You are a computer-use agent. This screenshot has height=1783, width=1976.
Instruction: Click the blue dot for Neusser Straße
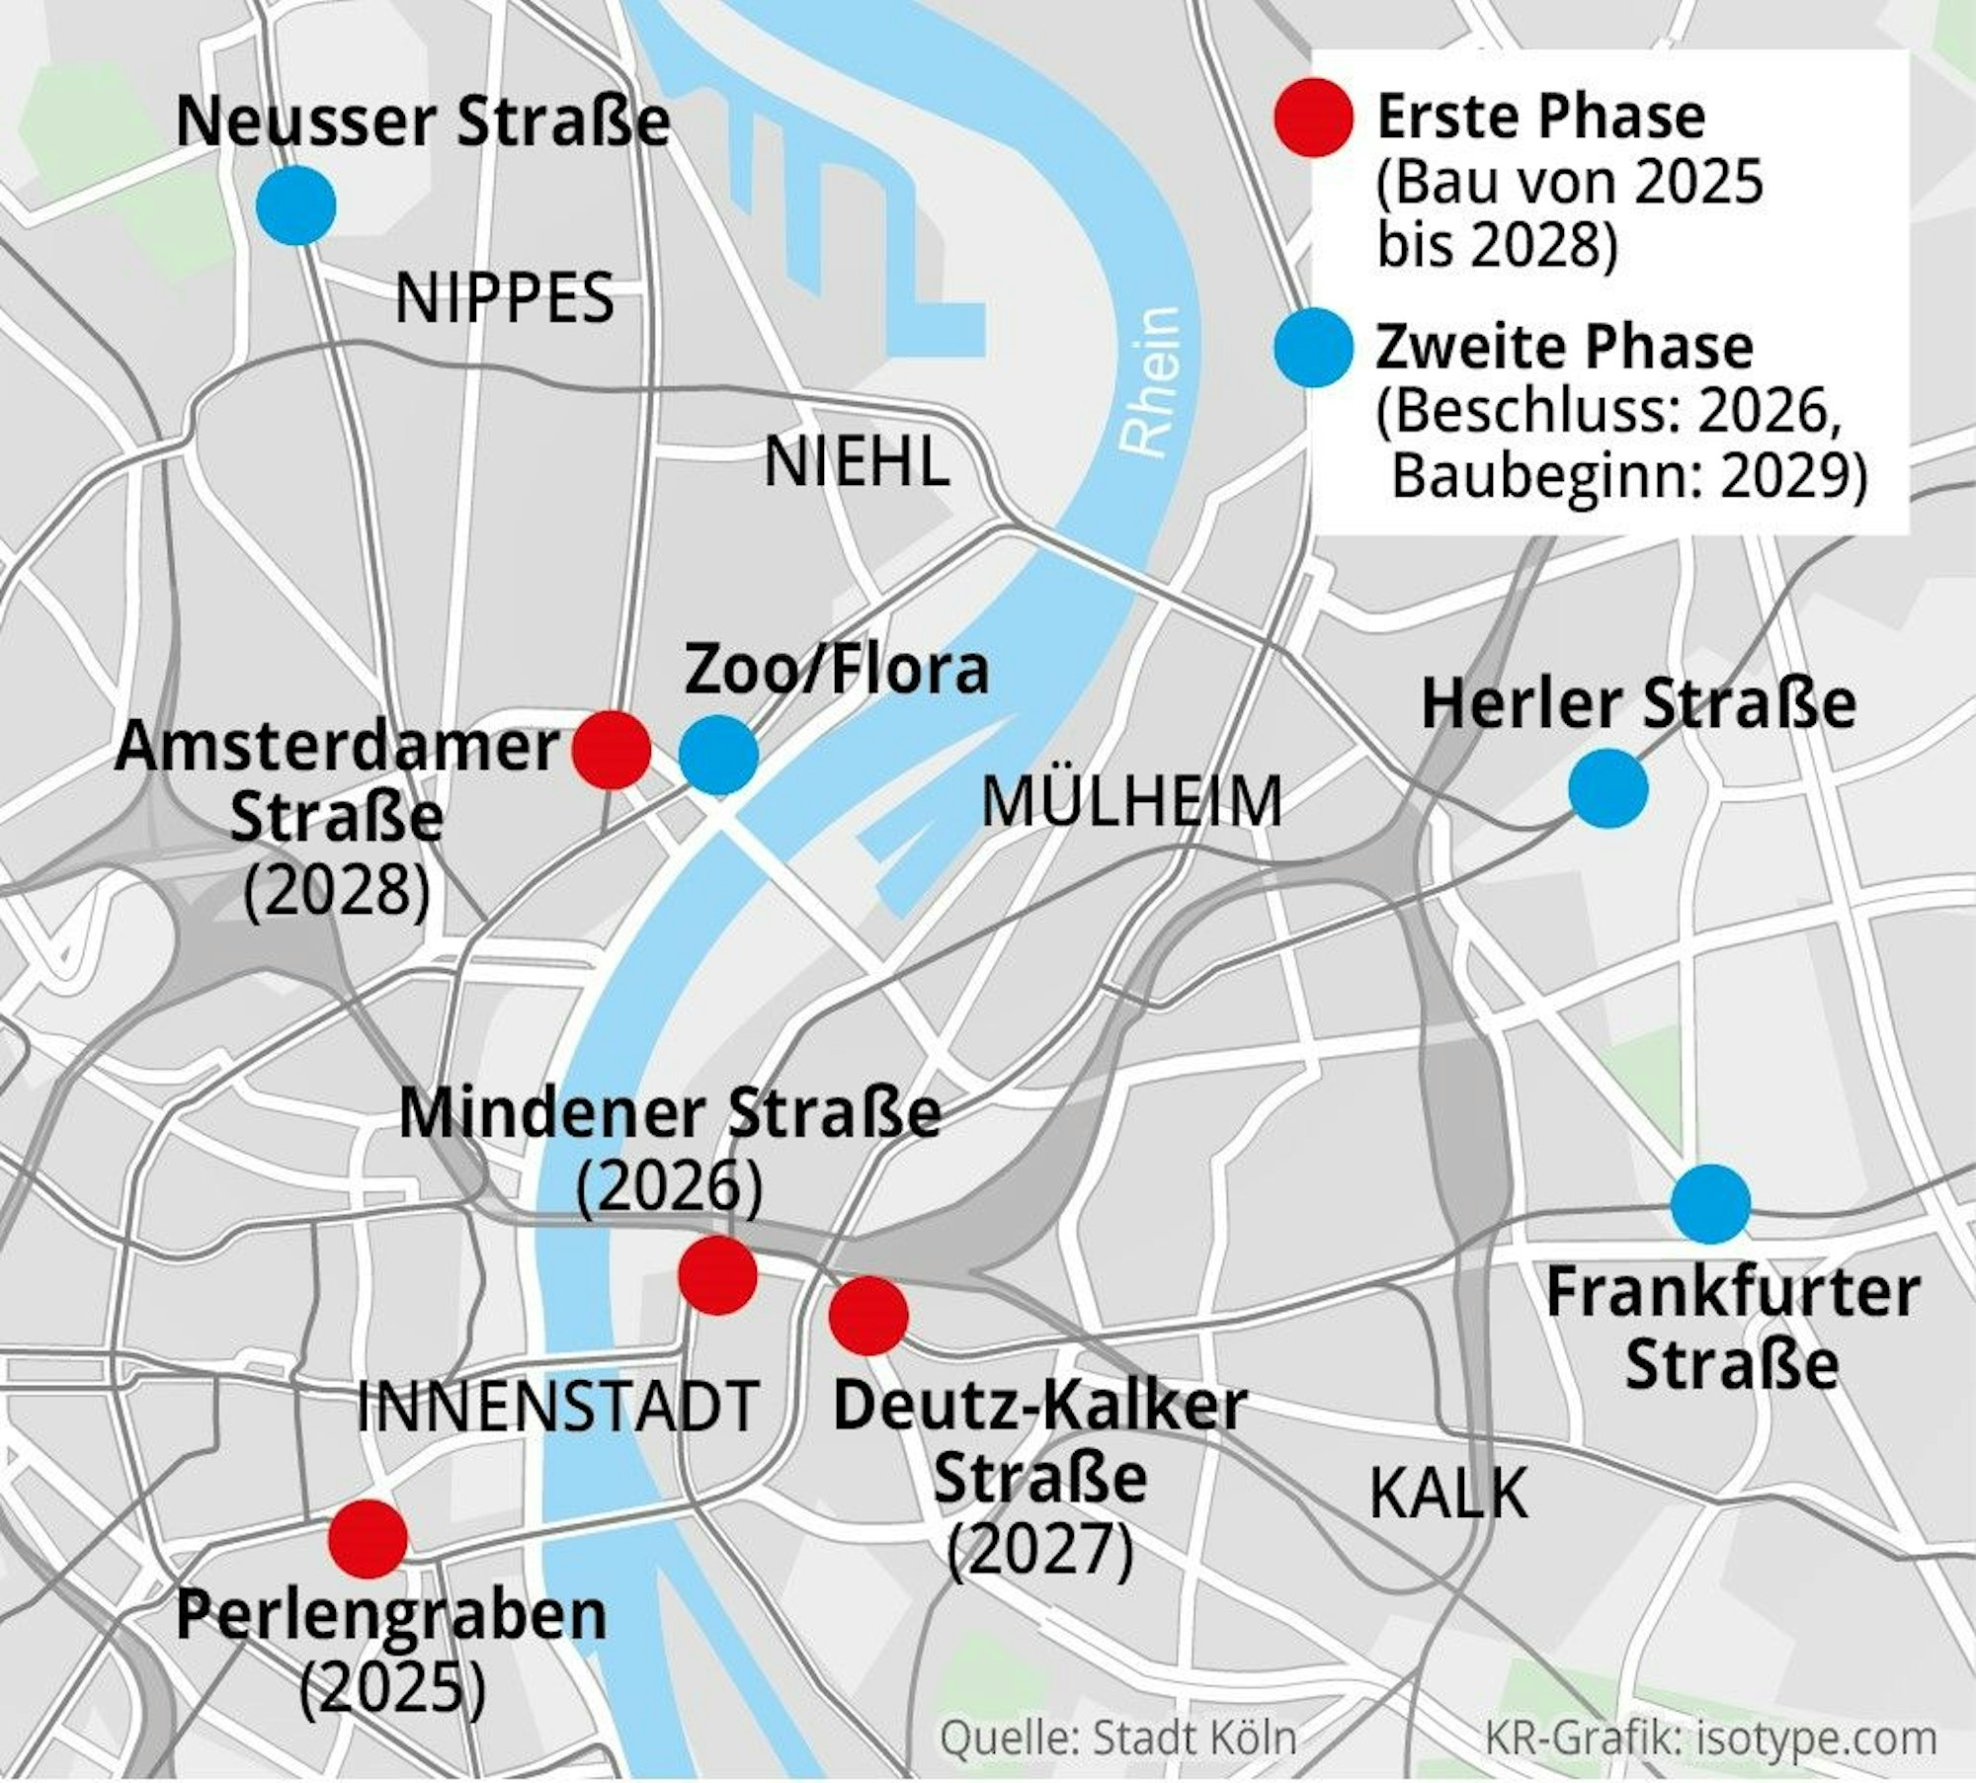coord(295,205)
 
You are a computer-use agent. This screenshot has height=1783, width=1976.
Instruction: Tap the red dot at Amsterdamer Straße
coord(612,750)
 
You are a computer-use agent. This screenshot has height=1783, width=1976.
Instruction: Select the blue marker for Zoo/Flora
coord(718,755)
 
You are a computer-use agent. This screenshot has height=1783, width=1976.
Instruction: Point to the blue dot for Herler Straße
coord(1607,787)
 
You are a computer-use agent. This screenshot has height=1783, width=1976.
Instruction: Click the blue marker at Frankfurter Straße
coord(1710,1203)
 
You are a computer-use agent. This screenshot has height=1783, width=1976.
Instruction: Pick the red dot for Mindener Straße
coord(718,1274)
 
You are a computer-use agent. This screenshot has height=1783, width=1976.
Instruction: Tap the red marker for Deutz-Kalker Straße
coord(868,1315)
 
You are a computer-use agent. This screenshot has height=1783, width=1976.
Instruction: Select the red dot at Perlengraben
coord(368,1538)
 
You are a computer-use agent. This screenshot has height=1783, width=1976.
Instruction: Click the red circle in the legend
coord(1313,118)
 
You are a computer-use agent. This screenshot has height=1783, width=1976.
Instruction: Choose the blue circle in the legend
coord(1313,348)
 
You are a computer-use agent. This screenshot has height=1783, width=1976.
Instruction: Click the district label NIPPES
coord(505,299)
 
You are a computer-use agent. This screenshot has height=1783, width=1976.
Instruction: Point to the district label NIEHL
coord(857,462)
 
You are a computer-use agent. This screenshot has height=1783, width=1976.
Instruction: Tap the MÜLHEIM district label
coord(1131,802)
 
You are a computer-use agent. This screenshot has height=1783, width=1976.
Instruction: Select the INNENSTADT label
coord(556,1407)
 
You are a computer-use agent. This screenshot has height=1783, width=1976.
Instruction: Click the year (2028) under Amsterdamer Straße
coord(338,891)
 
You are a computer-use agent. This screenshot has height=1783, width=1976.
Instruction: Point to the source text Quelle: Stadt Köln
coord(1117,1738)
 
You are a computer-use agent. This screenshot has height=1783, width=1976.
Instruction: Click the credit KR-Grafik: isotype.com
coord(1710,1738)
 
